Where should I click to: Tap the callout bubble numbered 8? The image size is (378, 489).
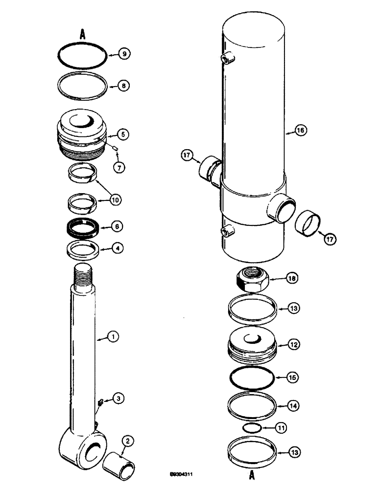coord(125,86)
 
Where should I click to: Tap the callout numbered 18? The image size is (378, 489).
coord(292,278)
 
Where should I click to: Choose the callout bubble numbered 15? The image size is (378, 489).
coord(293,378)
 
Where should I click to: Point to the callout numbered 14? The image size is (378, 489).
coord(293,405)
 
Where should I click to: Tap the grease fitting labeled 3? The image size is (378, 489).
coord(100,402)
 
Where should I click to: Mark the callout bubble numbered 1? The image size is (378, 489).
coord(113,336)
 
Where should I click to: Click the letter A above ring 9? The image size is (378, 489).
coord(83,34)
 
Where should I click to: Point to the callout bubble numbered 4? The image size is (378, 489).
coord(118,248)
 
